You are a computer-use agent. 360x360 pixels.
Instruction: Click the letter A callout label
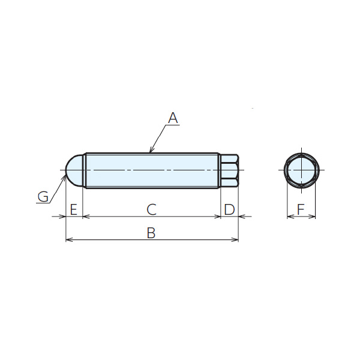pos(173,118)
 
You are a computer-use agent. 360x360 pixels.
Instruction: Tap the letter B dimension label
pos(151,233)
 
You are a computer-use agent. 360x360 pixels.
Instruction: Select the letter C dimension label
pos(152,209)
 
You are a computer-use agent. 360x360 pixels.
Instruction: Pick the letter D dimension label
pos(229,209)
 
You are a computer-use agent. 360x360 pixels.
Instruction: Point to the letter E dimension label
pos(73,209)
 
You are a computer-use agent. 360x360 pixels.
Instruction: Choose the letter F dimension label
pos(301,209)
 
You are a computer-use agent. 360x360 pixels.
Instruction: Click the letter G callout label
pos(43,197)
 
